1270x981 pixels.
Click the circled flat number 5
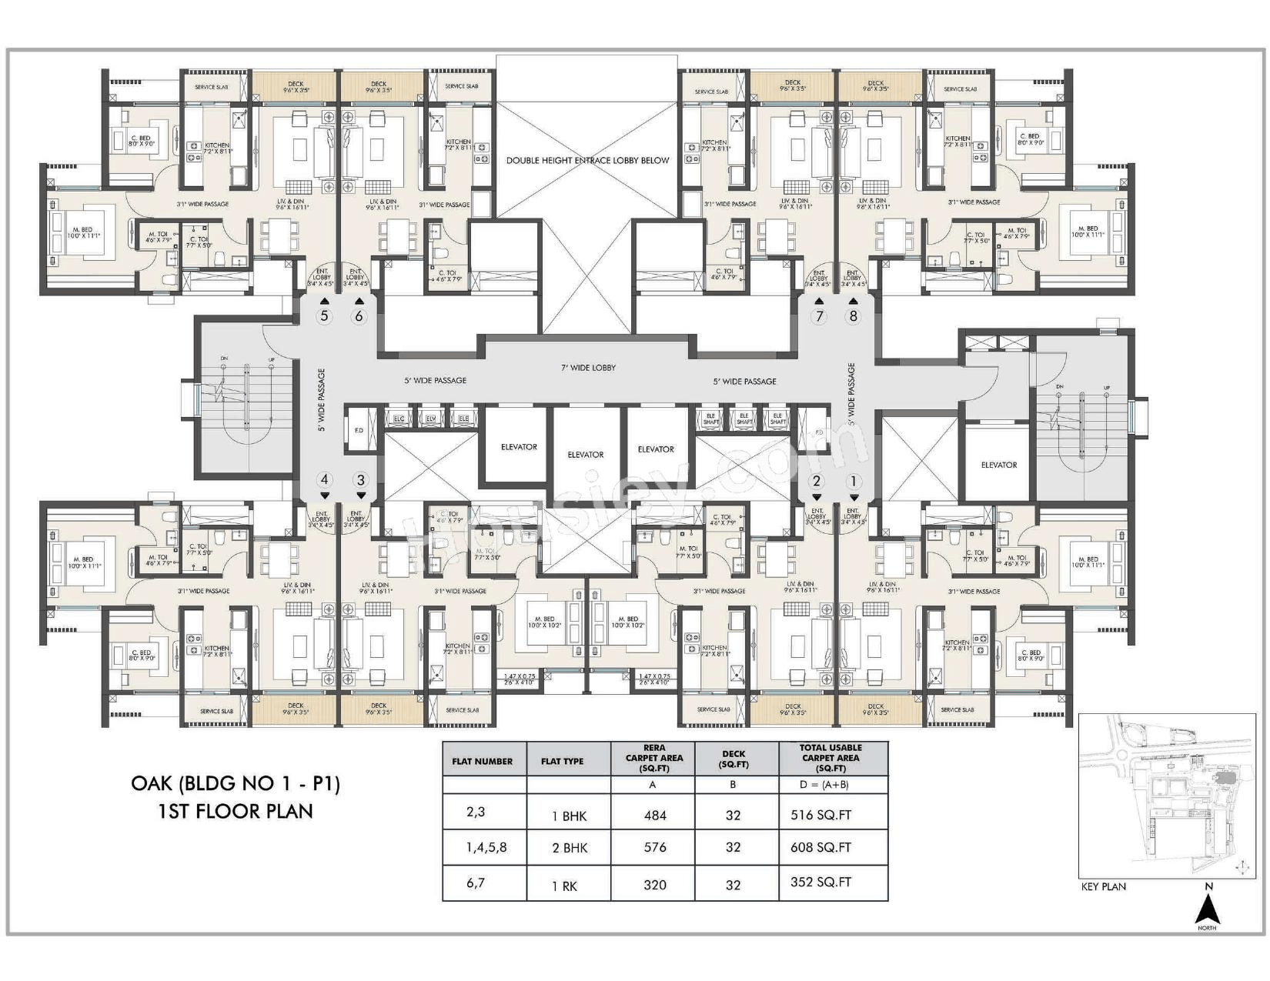coord(324,316)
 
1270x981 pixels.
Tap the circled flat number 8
coord(853,316)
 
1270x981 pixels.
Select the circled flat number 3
coord(361,480)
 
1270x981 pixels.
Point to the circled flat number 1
coord(853,482)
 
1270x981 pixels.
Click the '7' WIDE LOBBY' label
coord(588,368)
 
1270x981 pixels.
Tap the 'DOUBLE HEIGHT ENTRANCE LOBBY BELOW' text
coord(587,161)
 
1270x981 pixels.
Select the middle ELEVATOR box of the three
coord(586,455)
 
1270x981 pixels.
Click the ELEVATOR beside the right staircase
coord(999,465)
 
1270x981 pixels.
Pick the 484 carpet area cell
coord(654,816)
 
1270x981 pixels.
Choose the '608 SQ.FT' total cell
coord(820,847)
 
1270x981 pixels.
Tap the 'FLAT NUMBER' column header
coord(483,761)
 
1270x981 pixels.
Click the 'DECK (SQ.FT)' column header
coord(733,759)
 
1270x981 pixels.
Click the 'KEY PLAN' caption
coord(1103,886)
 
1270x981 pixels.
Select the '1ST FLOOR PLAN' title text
coord(236,811)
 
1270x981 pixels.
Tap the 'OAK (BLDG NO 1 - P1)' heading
coord(236,783)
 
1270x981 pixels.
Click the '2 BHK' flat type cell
coord(570,848)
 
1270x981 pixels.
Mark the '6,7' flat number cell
coord(476,883)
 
